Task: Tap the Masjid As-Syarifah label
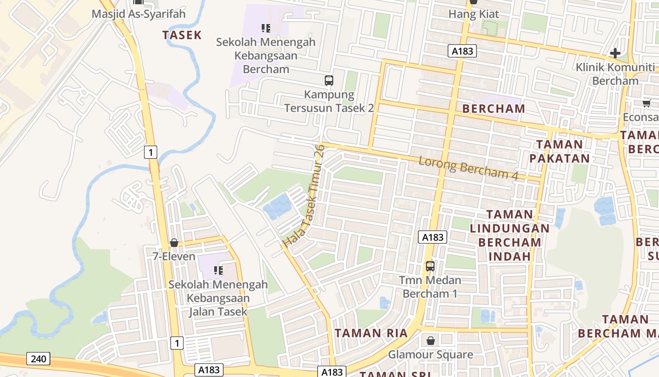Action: (138, 14)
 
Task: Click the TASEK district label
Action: (182, 35)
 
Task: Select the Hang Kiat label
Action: (474, 14)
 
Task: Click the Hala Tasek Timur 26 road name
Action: (305, 197)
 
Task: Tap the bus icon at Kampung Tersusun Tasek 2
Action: (329, 80)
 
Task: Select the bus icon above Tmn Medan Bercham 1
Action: (430, 266)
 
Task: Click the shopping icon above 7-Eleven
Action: (174, 243)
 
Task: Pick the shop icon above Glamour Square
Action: (430, 340)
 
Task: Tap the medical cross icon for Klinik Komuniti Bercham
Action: (615, 53)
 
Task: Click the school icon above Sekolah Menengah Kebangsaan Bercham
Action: (265, 28)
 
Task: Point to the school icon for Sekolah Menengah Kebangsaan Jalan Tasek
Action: (218, 270)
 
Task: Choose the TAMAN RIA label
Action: (371, 333)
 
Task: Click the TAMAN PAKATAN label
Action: (560, 151)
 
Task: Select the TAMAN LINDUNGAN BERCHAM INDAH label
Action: (509, 236)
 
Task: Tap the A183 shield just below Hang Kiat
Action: (462, 51)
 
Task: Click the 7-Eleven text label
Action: (174, 256)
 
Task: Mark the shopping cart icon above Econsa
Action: (646, 103)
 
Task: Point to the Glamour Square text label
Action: (430, 354)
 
